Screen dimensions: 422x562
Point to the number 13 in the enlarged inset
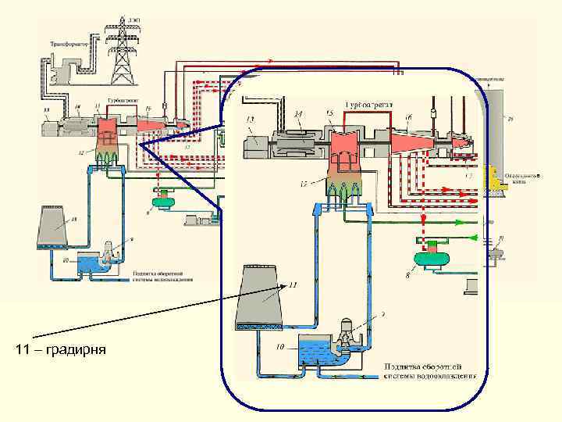250,119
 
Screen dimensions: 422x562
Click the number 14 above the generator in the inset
298,114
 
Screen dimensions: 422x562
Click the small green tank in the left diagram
165,202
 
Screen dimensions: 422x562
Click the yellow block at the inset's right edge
493,179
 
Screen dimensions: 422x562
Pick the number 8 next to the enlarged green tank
405,274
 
